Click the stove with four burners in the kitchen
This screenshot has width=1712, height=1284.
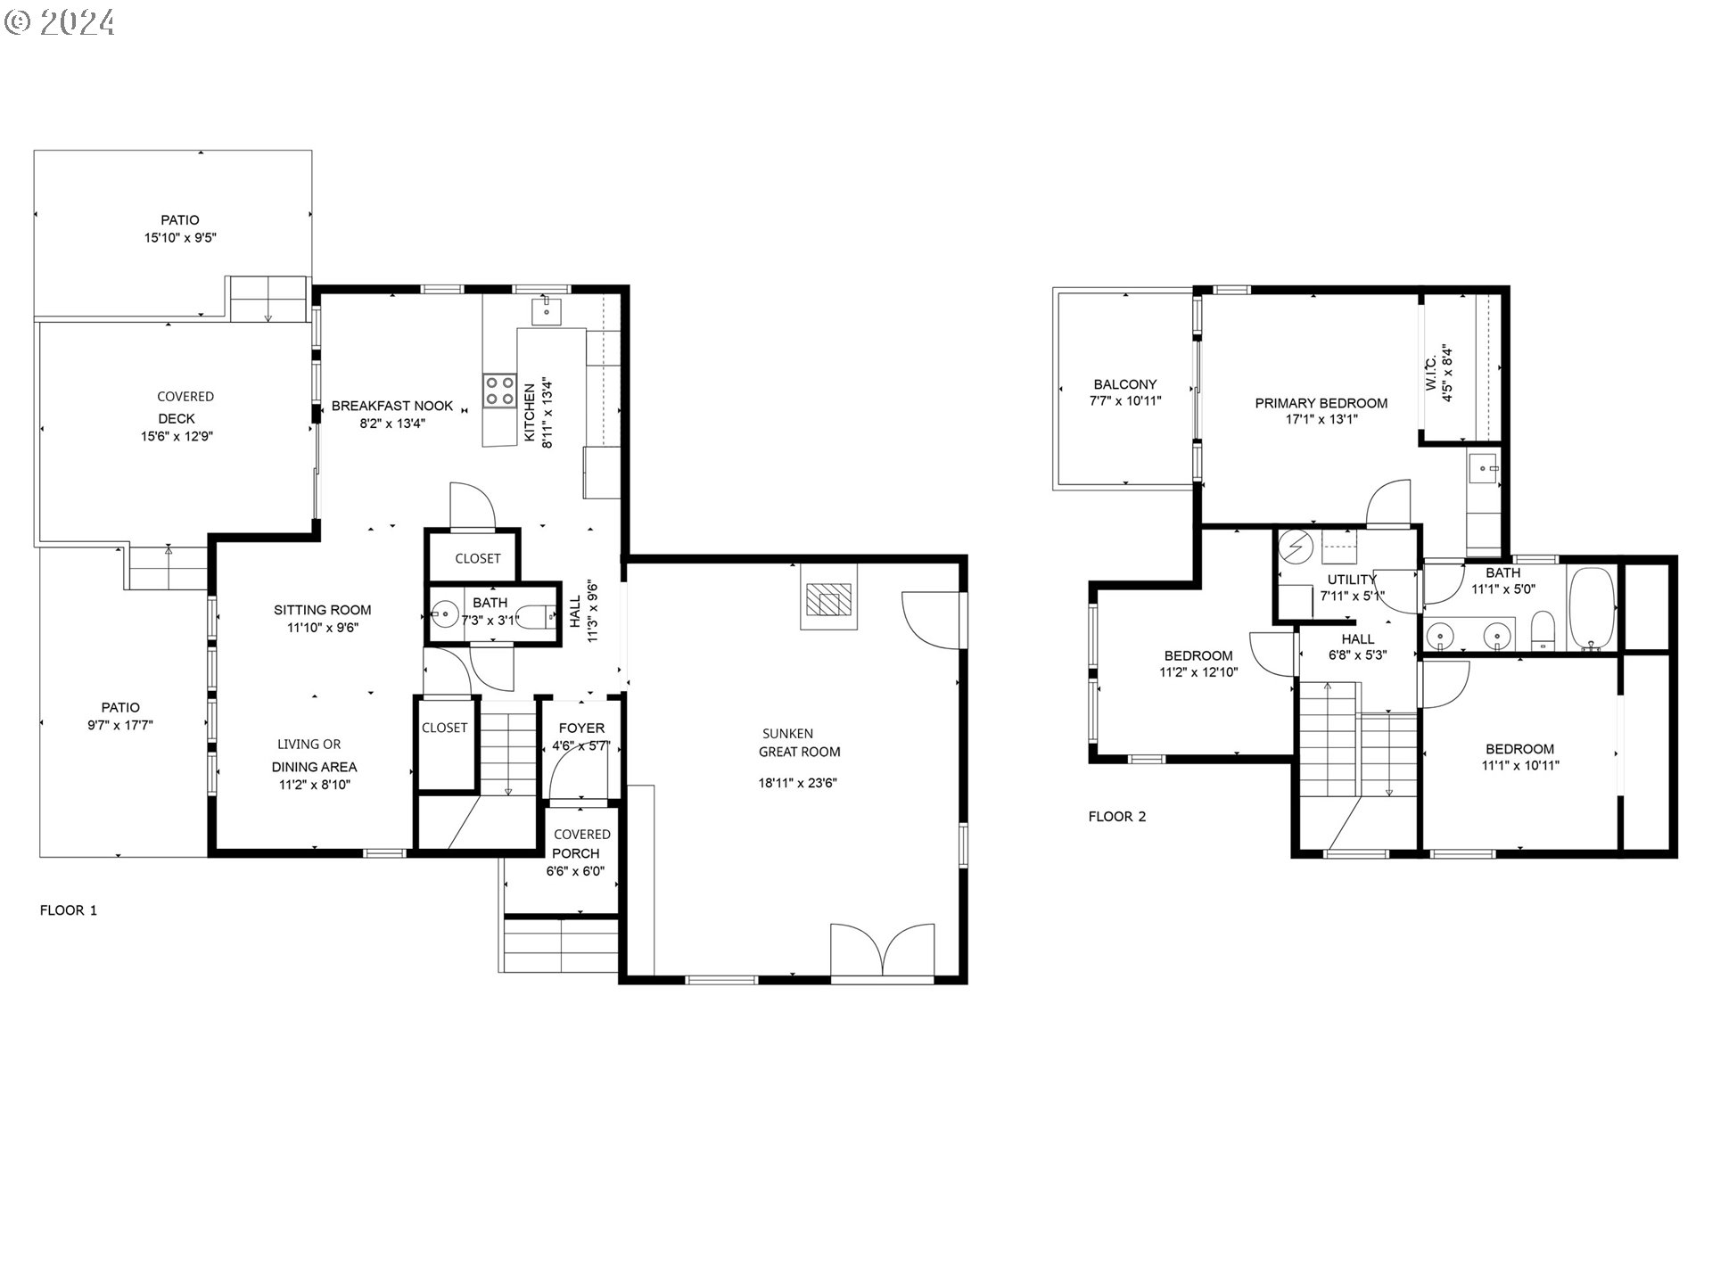(499, 391)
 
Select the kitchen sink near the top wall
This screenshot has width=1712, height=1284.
(546, 312)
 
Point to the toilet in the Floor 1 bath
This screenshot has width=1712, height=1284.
(535, 616)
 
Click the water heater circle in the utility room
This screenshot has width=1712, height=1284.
(1296, 546)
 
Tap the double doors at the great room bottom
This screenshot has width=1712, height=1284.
(883, 952)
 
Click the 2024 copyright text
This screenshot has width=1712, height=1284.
(61, 21)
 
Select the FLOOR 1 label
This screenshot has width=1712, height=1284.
(69, 910)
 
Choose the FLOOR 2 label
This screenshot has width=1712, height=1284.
(1117, 817)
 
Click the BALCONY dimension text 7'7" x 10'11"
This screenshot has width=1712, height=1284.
(1125, 401)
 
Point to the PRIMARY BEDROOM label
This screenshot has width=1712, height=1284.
(1321, 403)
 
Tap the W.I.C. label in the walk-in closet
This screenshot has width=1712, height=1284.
(1431, 374)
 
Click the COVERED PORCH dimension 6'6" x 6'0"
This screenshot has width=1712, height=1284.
(576, 871)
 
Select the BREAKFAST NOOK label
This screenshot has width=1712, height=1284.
(392, 406)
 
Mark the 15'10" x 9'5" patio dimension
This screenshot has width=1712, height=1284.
(181, 238)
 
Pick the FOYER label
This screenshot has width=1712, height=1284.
(581, 728)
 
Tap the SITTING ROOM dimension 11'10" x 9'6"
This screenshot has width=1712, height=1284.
(323, 628)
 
